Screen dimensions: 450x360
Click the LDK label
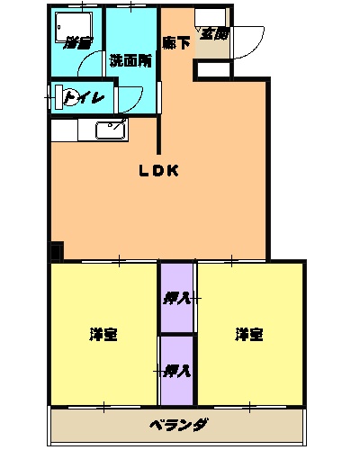pyautogui.click(x=159, y=171)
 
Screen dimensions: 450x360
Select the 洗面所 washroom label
pyautogui.click(x=130, y=61)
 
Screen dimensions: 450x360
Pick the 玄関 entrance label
pyautogui.click(x=213, y=34)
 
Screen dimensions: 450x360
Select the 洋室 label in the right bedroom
pyautogui.click(x=249, y=335)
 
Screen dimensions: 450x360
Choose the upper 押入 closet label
pyautogui.click(x=176, y=298)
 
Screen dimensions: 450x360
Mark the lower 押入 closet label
pyautogui.click(x=176, y=370)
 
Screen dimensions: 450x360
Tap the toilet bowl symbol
pyautogui.click(x=66, y=96)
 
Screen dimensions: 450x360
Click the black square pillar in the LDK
pyautogui.click(x=57, y=253)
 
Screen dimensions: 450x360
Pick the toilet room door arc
pyautogui.click(x=126, y=97)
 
